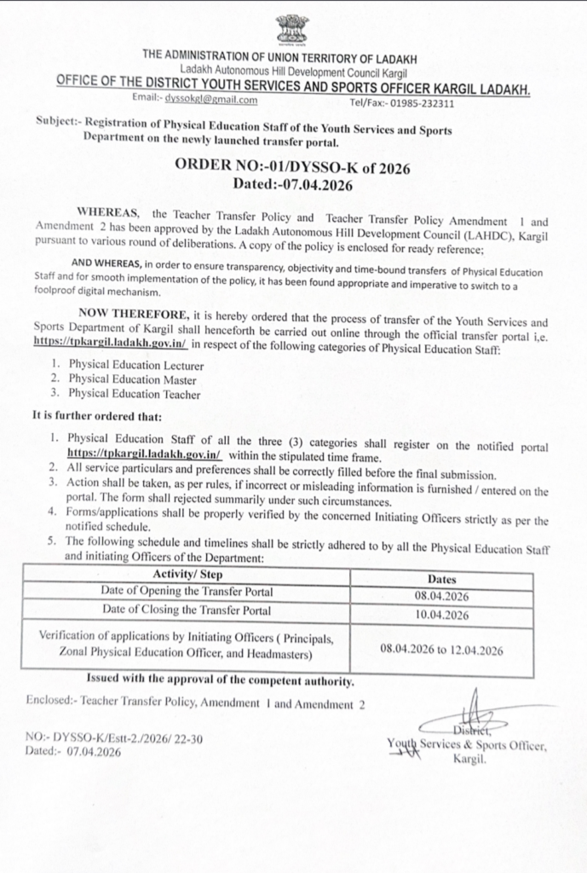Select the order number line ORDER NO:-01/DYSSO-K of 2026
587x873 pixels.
pos(292,168)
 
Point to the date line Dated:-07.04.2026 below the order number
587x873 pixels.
pos(292,183)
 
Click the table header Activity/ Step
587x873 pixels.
pos(187,575)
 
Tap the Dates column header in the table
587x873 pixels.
pos(442,579)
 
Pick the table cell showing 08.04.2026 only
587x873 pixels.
pos(442,597)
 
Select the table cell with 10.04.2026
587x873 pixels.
pos(442,615)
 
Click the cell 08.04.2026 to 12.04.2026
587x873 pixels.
pos(442,650)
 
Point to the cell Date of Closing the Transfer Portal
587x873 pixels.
pos(187,610)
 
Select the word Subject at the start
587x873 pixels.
pos(56,121)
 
